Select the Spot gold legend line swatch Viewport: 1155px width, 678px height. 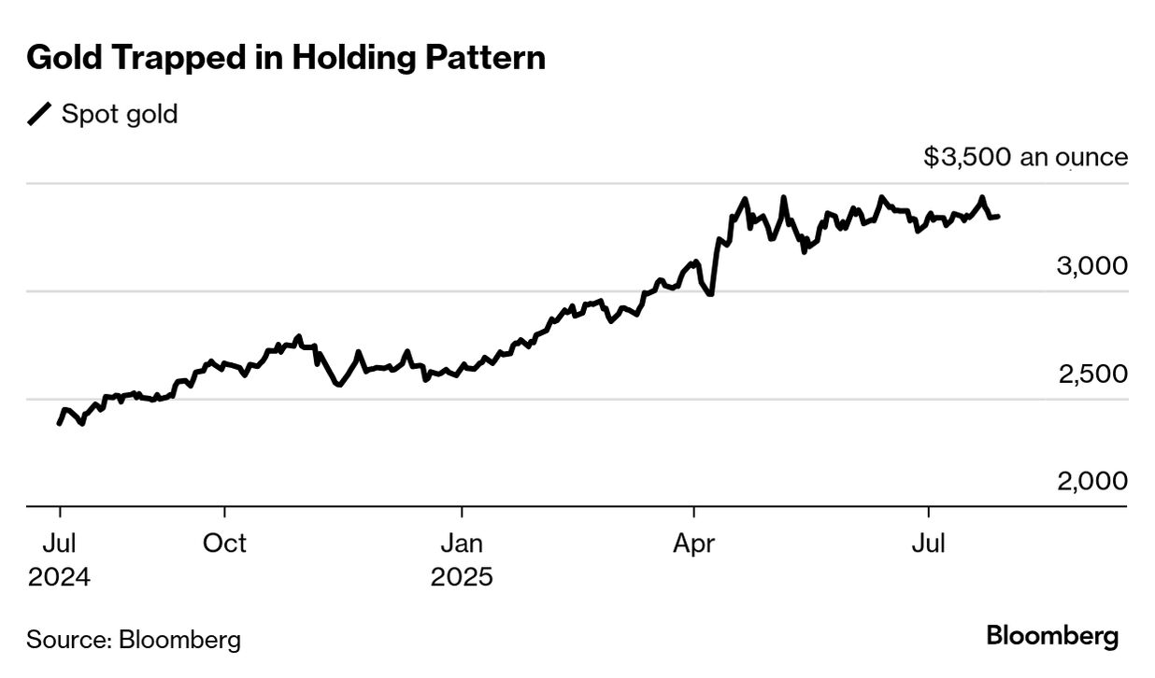point(39,115)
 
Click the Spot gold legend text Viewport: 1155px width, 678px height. point(120,115)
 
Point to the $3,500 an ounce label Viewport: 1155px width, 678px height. point(1025,157)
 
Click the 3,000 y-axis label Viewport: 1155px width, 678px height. point(1091,266)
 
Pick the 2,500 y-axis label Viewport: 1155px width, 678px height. point(1091,374)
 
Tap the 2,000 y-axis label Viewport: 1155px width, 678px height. point(1091,481)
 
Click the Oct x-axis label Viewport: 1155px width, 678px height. point(224,543)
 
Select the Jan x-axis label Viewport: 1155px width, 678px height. point(462,543)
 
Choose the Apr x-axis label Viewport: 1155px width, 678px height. point(693,543)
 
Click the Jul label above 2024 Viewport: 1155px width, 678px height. point(60,543)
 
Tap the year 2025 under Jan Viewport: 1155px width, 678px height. point(462,577)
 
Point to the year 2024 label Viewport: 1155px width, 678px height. point(60,577)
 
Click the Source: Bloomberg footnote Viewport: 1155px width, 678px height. point(134,640)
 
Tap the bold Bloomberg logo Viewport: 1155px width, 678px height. point(1052,637)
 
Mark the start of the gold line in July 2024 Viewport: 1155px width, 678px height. point(59,424)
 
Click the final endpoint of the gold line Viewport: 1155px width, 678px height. point(998,217)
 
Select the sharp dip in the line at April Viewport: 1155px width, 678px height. point(711,294)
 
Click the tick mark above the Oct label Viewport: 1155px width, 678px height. point(224,513)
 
